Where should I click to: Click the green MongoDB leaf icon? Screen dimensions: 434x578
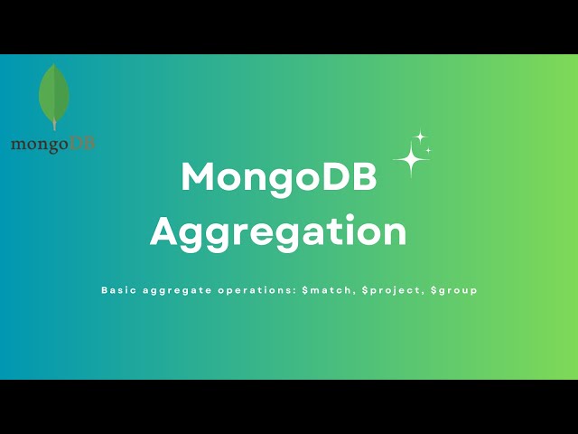click(54, 94)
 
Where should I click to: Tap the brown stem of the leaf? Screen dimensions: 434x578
click(54, 126)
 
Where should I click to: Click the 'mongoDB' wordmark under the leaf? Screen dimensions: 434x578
click(52, 144)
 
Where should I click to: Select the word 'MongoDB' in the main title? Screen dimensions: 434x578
click(278, 177)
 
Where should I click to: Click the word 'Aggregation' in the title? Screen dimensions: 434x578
click(278, 231)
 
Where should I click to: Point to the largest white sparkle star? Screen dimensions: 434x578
click(411, 160)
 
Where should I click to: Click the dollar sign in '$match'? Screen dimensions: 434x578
click(306, 291)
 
